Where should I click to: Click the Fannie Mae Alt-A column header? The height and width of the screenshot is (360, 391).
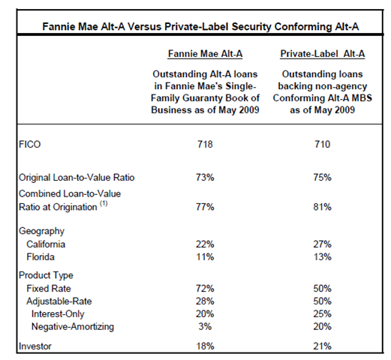coord(205,54)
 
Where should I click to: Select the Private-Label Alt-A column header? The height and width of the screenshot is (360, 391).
coord(323,54)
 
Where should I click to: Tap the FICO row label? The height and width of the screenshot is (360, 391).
coord(29,145)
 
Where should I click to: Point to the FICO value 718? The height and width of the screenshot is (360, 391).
coord(205,145)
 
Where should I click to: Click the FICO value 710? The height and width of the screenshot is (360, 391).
coord(323,145)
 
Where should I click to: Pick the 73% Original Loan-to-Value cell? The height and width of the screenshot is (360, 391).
coord(205,178)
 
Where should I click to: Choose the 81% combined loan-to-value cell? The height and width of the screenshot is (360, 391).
coord(323,207)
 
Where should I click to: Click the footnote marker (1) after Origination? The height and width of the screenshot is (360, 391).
coord(104,203)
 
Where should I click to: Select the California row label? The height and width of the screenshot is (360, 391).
coord(46,244)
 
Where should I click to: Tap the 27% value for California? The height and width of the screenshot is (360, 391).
coord(323,244)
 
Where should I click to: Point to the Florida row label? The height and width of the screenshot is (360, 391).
coord(41,257)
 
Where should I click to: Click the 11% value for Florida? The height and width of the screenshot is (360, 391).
coord(205,257)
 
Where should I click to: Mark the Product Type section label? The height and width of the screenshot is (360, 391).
coord(46,275)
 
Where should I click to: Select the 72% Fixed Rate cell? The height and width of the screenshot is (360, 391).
coord(205,289)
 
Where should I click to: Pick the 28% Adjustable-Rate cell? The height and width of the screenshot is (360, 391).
coord(205,301)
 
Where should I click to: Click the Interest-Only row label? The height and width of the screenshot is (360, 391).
coord(58,314)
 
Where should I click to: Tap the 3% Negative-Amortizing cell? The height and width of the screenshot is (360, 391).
coord(205,327)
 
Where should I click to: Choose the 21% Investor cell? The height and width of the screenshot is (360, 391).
coord(323,346)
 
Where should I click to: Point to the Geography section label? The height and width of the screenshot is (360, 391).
coord(41,231)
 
